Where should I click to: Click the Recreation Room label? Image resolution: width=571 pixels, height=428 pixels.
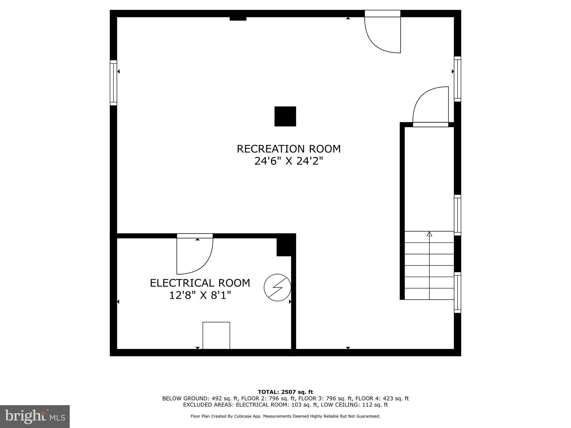289,149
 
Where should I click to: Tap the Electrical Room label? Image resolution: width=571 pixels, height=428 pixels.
200,283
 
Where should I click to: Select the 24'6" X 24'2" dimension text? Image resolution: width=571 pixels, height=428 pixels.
289,161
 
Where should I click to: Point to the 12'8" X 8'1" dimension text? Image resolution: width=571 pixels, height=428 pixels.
200,295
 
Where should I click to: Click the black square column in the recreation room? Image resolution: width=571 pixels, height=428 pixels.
285,116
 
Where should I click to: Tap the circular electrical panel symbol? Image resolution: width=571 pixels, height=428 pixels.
277,288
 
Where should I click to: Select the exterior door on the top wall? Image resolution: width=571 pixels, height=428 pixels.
383,31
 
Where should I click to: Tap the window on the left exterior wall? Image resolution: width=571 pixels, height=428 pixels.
113,83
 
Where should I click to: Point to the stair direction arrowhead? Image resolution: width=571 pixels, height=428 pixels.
429,234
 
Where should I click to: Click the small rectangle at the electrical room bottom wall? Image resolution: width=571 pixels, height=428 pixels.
216,335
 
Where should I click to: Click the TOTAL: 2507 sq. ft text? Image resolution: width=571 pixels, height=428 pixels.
285,392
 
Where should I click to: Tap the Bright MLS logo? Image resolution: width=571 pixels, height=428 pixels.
35,417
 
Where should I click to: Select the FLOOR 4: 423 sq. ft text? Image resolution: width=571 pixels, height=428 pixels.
382,398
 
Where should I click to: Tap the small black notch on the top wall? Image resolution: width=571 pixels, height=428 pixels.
238,19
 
